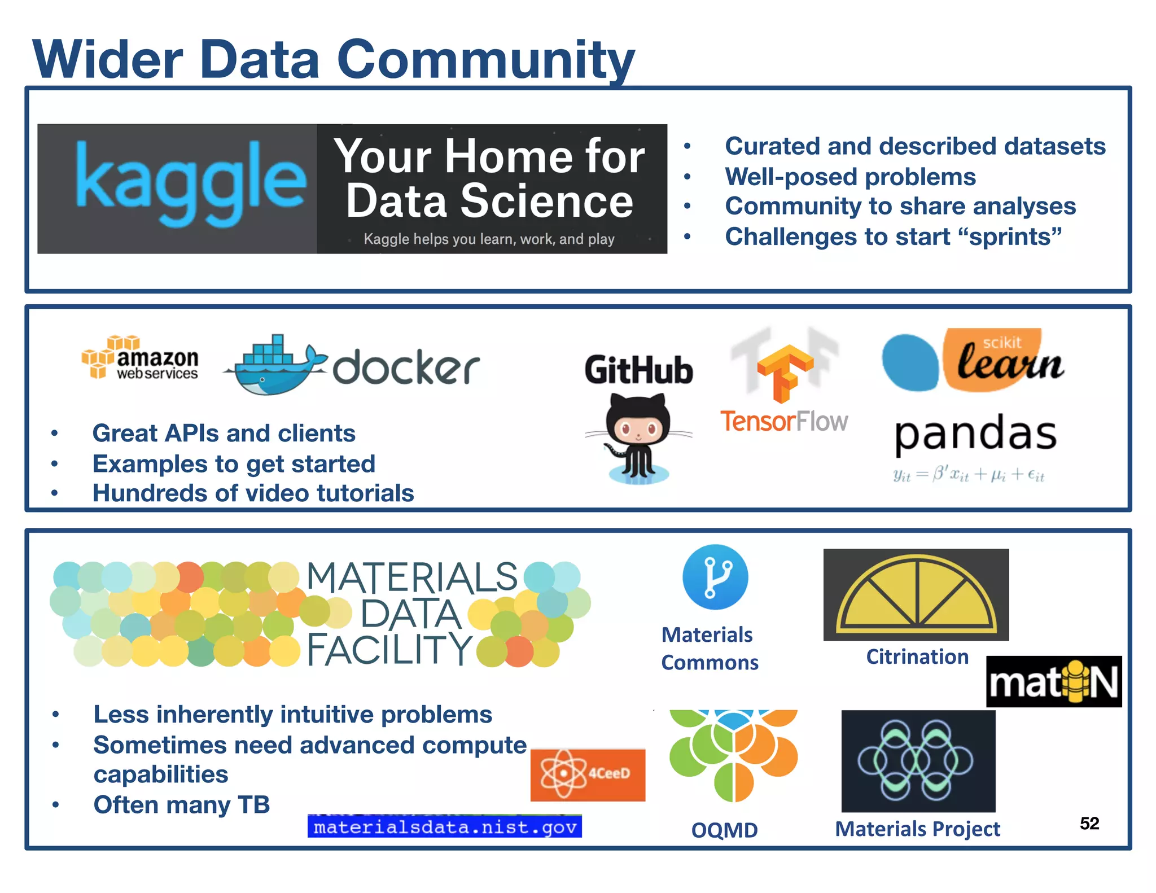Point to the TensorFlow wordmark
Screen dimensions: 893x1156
coord(784,422)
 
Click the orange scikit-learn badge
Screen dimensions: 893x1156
coord(1002,360)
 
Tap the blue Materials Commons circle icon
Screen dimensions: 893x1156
coord(715,577)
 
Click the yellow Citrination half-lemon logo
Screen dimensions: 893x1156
coord(916,594)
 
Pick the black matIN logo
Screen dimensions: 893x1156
coord(1054,682)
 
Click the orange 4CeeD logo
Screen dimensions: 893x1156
coord(588,774)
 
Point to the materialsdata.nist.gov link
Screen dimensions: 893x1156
coord(445,827)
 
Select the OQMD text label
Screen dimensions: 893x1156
coord(724,830)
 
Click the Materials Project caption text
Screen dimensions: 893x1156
coord(917,829)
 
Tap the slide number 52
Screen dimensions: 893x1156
coord(1089,824)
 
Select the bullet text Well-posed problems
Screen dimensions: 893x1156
coord(850,177)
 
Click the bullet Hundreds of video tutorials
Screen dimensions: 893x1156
coord(253,493)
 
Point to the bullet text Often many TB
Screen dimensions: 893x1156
coord(182,804)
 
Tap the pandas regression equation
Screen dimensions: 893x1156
coord(969,475)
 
